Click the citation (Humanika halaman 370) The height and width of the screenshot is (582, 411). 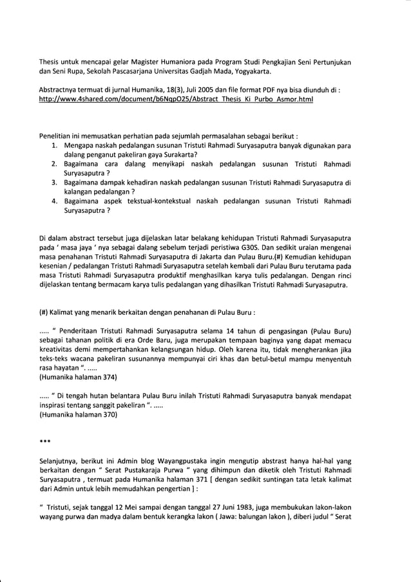point(78,416)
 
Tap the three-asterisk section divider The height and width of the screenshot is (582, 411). point(44,444)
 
